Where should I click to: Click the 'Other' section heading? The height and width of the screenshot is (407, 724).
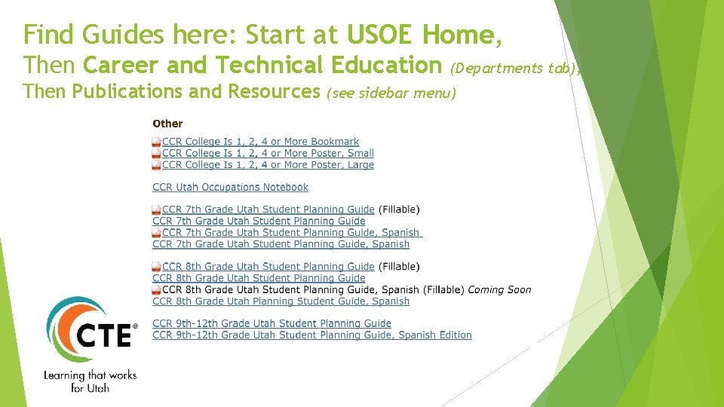[x=167, y=124]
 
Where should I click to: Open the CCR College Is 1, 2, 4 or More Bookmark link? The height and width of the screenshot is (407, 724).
[x=260, y=142]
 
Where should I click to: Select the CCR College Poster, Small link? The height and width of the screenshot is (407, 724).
[x=268, y=153]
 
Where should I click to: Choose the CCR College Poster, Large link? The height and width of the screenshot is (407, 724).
[x=268, y=164]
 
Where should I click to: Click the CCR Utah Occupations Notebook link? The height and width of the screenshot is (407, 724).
[x=230, y=187]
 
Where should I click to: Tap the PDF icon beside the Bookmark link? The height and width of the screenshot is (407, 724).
[x=156, y=142]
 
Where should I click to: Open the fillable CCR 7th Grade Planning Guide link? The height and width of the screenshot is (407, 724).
[x=268, y=210]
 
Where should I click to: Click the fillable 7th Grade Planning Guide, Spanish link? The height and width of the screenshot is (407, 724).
[x=290, y=233]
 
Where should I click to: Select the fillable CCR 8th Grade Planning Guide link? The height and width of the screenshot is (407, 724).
[x=268, y=267]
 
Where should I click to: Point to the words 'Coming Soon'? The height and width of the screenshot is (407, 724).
[x=499, y=289]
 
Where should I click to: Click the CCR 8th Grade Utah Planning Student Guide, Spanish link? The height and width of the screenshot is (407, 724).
[x=281, y=301]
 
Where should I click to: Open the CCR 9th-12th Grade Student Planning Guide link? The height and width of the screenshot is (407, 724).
[x=271, y=323]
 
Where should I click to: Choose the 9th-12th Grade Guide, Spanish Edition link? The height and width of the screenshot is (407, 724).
[x=311, y=335]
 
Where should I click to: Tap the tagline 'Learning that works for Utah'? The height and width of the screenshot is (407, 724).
[x=90, y=381]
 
